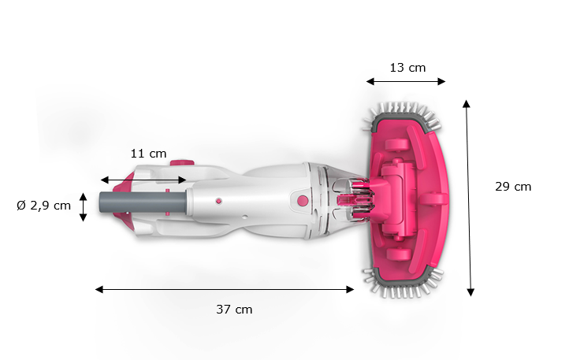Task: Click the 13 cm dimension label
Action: pos(407,68)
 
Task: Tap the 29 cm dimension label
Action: pos(513,187)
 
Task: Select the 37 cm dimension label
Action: pos(234,310)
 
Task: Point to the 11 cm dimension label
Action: pos(148,154)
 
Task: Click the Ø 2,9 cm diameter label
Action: pos(44,206)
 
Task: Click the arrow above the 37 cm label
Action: pos(225,289)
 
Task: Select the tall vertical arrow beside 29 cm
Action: pos(469,197)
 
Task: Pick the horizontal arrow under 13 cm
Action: pos(406,80)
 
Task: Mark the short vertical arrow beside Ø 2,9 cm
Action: pos(83,206)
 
